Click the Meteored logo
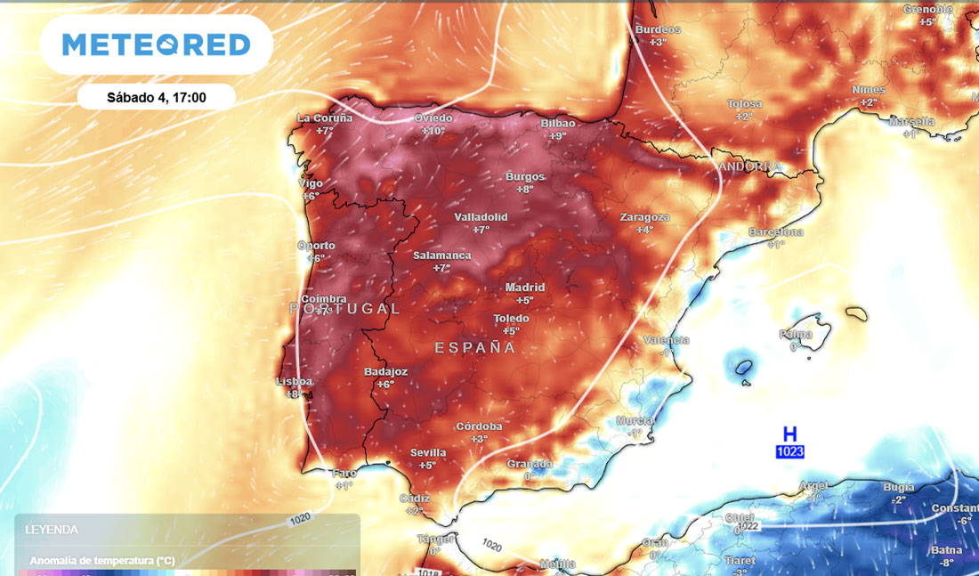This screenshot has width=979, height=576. (x=157, y=45)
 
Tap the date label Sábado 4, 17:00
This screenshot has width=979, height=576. (x=157, y=97)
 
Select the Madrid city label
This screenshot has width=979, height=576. (x=524, y=288)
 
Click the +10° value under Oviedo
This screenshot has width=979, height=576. (x=433, y=131)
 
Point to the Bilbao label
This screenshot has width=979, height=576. (x=558, y=123)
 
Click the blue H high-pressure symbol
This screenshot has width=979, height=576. (x=789, y=434)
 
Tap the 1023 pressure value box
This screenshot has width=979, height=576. (x=789, y=451)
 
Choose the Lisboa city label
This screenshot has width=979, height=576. (x=295, y=381)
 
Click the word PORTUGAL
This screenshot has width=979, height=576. (x=345, y=308)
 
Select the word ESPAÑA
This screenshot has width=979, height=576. (x=475, y=347)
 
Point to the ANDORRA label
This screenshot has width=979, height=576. (x=751, y=167)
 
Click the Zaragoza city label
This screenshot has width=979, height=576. (x=644, y=217)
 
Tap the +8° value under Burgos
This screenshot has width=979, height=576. (x=525, y=189)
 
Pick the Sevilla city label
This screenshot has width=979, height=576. (x=428, y=453)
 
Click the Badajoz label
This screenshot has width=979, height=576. (x=386, y=372)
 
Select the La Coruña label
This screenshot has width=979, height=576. (x=325, y=118)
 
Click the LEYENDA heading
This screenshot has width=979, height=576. (x=52, y=529)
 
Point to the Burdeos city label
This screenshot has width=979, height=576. (x=658, y=29)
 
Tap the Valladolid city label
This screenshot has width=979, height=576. (x=481, y=217)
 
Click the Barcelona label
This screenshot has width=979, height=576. (x=775, y=232)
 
